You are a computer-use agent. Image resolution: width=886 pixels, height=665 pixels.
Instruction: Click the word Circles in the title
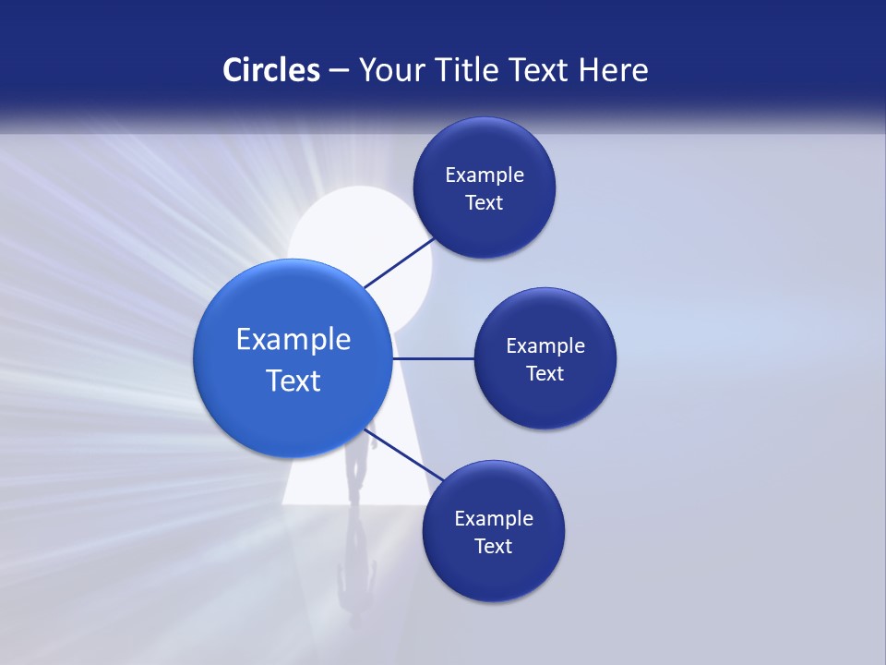pos(270,69)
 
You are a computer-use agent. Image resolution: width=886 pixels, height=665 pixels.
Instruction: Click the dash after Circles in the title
pos(339,71)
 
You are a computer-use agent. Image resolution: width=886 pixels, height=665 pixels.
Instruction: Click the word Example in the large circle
pos(293,340)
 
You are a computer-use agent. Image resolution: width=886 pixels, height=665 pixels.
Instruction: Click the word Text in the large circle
pos(293,381)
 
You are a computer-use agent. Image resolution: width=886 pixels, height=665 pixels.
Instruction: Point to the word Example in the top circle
pos(485,175)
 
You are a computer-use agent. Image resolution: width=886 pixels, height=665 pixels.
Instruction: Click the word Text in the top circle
pos(484,203)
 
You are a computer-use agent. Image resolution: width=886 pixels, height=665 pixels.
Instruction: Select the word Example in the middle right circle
pos(545,345)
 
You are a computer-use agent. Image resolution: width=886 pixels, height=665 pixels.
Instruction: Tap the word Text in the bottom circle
pos(493,547)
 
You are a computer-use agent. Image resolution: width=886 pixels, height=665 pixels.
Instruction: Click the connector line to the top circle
pos(399,262)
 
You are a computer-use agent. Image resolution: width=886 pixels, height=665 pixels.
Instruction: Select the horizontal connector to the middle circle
pos(433,358)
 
